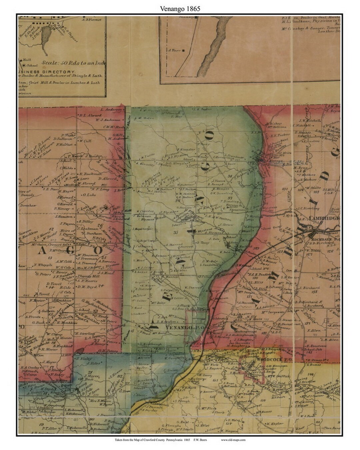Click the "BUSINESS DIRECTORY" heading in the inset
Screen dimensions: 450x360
click(x=47, y=72)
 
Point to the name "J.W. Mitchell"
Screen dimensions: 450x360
click(x=310, y=120)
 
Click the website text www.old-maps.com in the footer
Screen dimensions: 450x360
click(x=233, y=440)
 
